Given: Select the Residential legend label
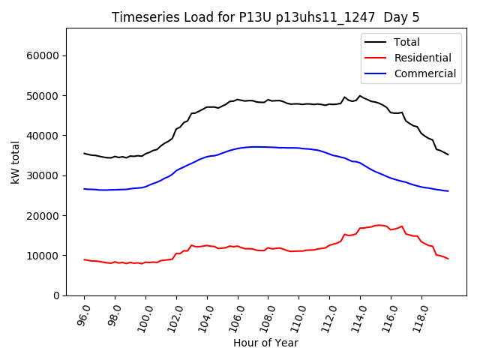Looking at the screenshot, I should (422, 58).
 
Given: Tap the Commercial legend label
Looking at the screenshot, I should (424, 73).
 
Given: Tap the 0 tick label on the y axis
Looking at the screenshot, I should (56, 295).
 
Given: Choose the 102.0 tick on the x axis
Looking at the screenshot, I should (174, 315).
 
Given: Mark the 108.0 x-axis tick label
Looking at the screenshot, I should (266, 315).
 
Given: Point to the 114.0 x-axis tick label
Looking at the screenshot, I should (358, 315).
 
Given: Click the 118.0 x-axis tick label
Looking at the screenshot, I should (419, 315).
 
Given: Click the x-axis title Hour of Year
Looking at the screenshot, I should (265, 343).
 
